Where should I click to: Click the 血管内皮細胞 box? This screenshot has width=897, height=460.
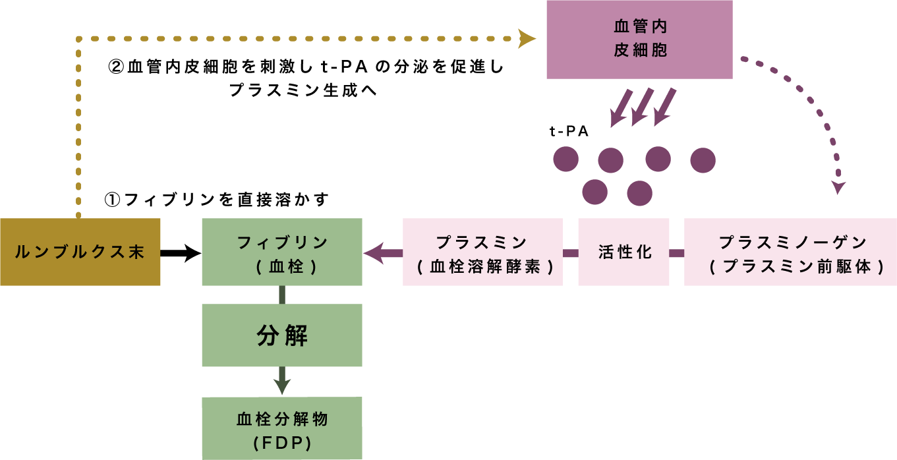click(639, 40)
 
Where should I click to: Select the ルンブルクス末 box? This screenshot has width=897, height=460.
click(80, 252)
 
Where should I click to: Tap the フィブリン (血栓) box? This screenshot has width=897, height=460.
click(281, 252)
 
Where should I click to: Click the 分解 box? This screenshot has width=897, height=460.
click(281, 335)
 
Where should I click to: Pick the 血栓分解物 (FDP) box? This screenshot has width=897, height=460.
click(281, 428)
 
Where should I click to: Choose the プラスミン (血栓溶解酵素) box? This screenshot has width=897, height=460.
click(482, 252)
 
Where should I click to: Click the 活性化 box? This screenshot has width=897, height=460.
click(623, 252)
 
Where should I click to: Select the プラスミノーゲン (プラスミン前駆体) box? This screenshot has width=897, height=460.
click(790, 252)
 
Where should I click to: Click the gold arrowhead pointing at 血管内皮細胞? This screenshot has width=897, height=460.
click(526, 39)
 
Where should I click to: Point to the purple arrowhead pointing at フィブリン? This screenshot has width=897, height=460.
click(374, 253)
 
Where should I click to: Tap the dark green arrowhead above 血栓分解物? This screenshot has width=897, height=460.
click(282, 386)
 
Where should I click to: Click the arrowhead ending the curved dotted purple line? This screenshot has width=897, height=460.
click(838, 188)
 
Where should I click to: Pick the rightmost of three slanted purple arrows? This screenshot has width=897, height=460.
click(664, 107)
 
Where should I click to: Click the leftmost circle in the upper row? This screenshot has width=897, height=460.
click(565, 159)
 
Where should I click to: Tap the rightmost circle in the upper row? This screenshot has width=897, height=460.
click(703, 160)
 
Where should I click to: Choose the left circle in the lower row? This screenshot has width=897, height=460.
click(594, 192)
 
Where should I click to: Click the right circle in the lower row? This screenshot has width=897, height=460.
click(639, 193)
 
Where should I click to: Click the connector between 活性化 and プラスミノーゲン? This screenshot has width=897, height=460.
click(677, 253)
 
